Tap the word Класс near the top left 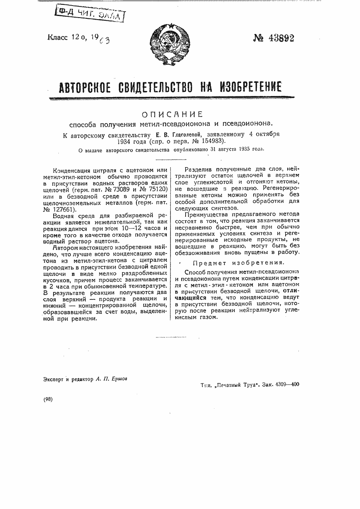58,38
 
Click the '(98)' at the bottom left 48,399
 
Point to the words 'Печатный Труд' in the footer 236,384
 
